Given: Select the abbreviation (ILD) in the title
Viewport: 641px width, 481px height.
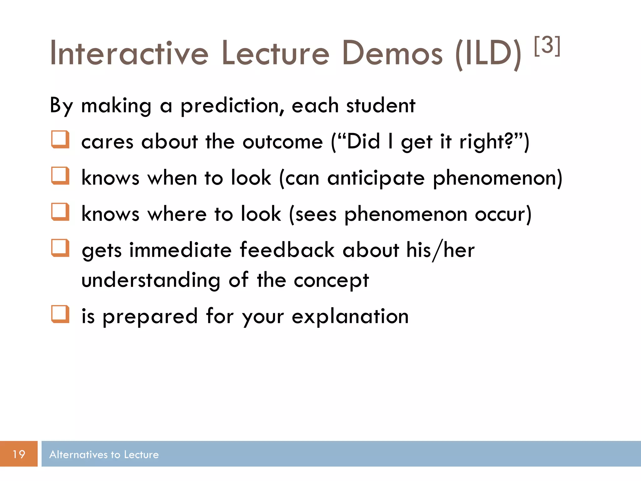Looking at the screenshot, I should [488, 54].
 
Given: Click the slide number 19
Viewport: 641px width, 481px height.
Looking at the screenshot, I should [19, 454].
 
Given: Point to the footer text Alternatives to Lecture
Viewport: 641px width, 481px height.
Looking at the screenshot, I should [104, 454].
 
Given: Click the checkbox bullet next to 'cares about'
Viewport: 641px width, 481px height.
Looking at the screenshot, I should [60, 139].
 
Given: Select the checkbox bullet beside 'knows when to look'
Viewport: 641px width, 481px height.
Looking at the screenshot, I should [60, 176].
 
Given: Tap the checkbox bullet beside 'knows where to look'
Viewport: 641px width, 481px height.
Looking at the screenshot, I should [60, 212].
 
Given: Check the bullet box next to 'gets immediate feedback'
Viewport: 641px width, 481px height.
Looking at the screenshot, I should [60, 248].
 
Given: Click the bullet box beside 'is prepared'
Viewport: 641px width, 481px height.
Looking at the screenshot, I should [60, 314].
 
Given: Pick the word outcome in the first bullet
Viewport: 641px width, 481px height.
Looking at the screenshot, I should [282, 142].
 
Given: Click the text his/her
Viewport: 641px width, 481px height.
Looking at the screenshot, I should [440, 250].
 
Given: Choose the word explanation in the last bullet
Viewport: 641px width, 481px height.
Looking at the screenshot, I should [350, 316].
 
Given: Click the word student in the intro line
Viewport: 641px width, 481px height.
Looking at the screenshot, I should [381, 106].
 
